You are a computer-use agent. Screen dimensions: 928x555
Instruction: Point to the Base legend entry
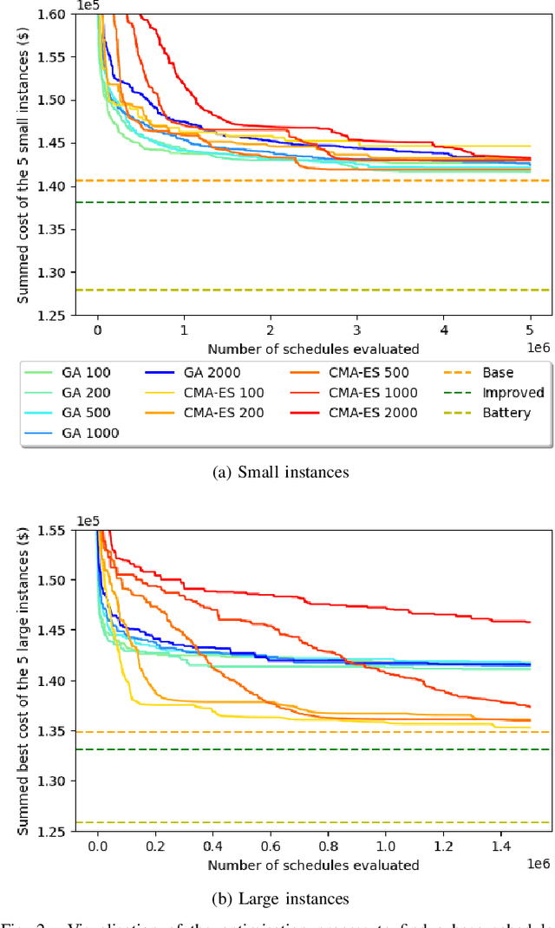point(499,372)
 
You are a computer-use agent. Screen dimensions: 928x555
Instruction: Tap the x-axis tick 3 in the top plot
point(357,330)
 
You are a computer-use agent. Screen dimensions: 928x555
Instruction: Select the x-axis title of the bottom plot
point(313,865)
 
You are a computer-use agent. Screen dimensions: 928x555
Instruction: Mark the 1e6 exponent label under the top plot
point(538,347)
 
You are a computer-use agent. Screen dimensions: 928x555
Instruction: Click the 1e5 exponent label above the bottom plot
point(88,520)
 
